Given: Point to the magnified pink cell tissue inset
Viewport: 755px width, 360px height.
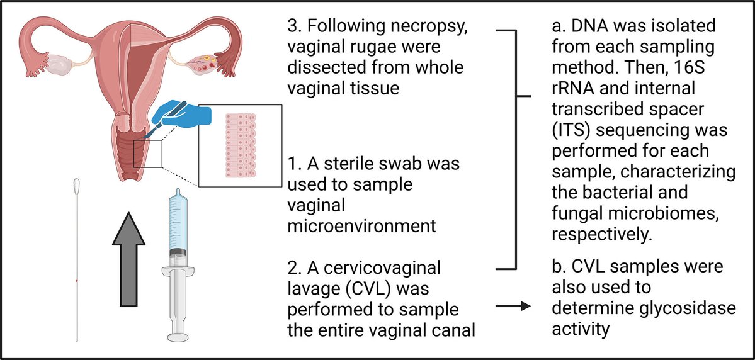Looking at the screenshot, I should coord(240,145).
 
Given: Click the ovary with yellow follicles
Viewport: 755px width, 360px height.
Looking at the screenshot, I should coord(205,62).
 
